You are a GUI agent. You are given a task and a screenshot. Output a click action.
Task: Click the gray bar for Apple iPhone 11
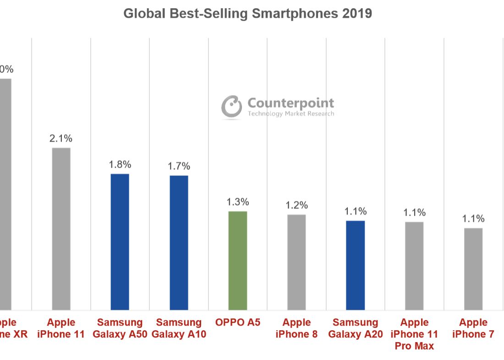coord(61,229)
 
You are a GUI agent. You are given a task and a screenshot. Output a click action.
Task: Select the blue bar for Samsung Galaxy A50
coord(120,242)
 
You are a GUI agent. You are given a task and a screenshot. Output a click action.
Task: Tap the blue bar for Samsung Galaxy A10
coord(179,243)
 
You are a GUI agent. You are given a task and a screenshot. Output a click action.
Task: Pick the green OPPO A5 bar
coord(237,261)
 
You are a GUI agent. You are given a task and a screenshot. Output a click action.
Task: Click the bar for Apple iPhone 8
coord(296,262)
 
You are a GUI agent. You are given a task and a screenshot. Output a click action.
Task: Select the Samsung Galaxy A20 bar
coord(355,265)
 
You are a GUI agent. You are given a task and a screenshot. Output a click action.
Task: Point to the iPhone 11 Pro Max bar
coord(414,266)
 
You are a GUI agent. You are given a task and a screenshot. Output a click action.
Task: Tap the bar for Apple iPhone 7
coord(473,269)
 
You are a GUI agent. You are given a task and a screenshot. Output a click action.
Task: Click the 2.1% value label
coord(61,138)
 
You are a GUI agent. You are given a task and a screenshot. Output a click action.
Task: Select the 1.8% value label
coord(120,164)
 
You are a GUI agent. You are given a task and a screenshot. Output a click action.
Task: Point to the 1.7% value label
coord(179,166)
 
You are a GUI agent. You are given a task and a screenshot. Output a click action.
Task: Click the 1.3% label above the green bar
coord(237,202)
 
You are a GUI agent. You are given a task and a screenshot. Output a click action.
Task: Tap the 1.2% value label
coord(296,205)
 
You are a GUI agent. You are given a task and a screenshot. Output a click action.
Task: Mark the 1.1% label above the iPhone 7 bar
coord(473,218)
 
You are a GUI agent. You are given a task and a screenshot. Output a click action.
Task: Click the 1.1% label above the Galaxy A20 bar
coord(356,211)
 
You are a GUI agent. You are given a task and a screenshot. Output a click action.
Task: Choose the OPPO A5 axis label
coord(237,322)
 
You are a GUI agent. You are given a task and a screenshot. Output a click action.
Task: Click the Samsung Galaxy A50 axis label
coord(120,328)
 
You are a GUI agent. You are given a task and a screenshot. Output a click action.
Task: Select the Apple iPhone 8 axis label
coord(296,328)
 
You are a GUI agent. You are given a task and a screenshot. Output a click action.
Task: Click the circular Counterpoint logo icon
coord(231,107)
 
